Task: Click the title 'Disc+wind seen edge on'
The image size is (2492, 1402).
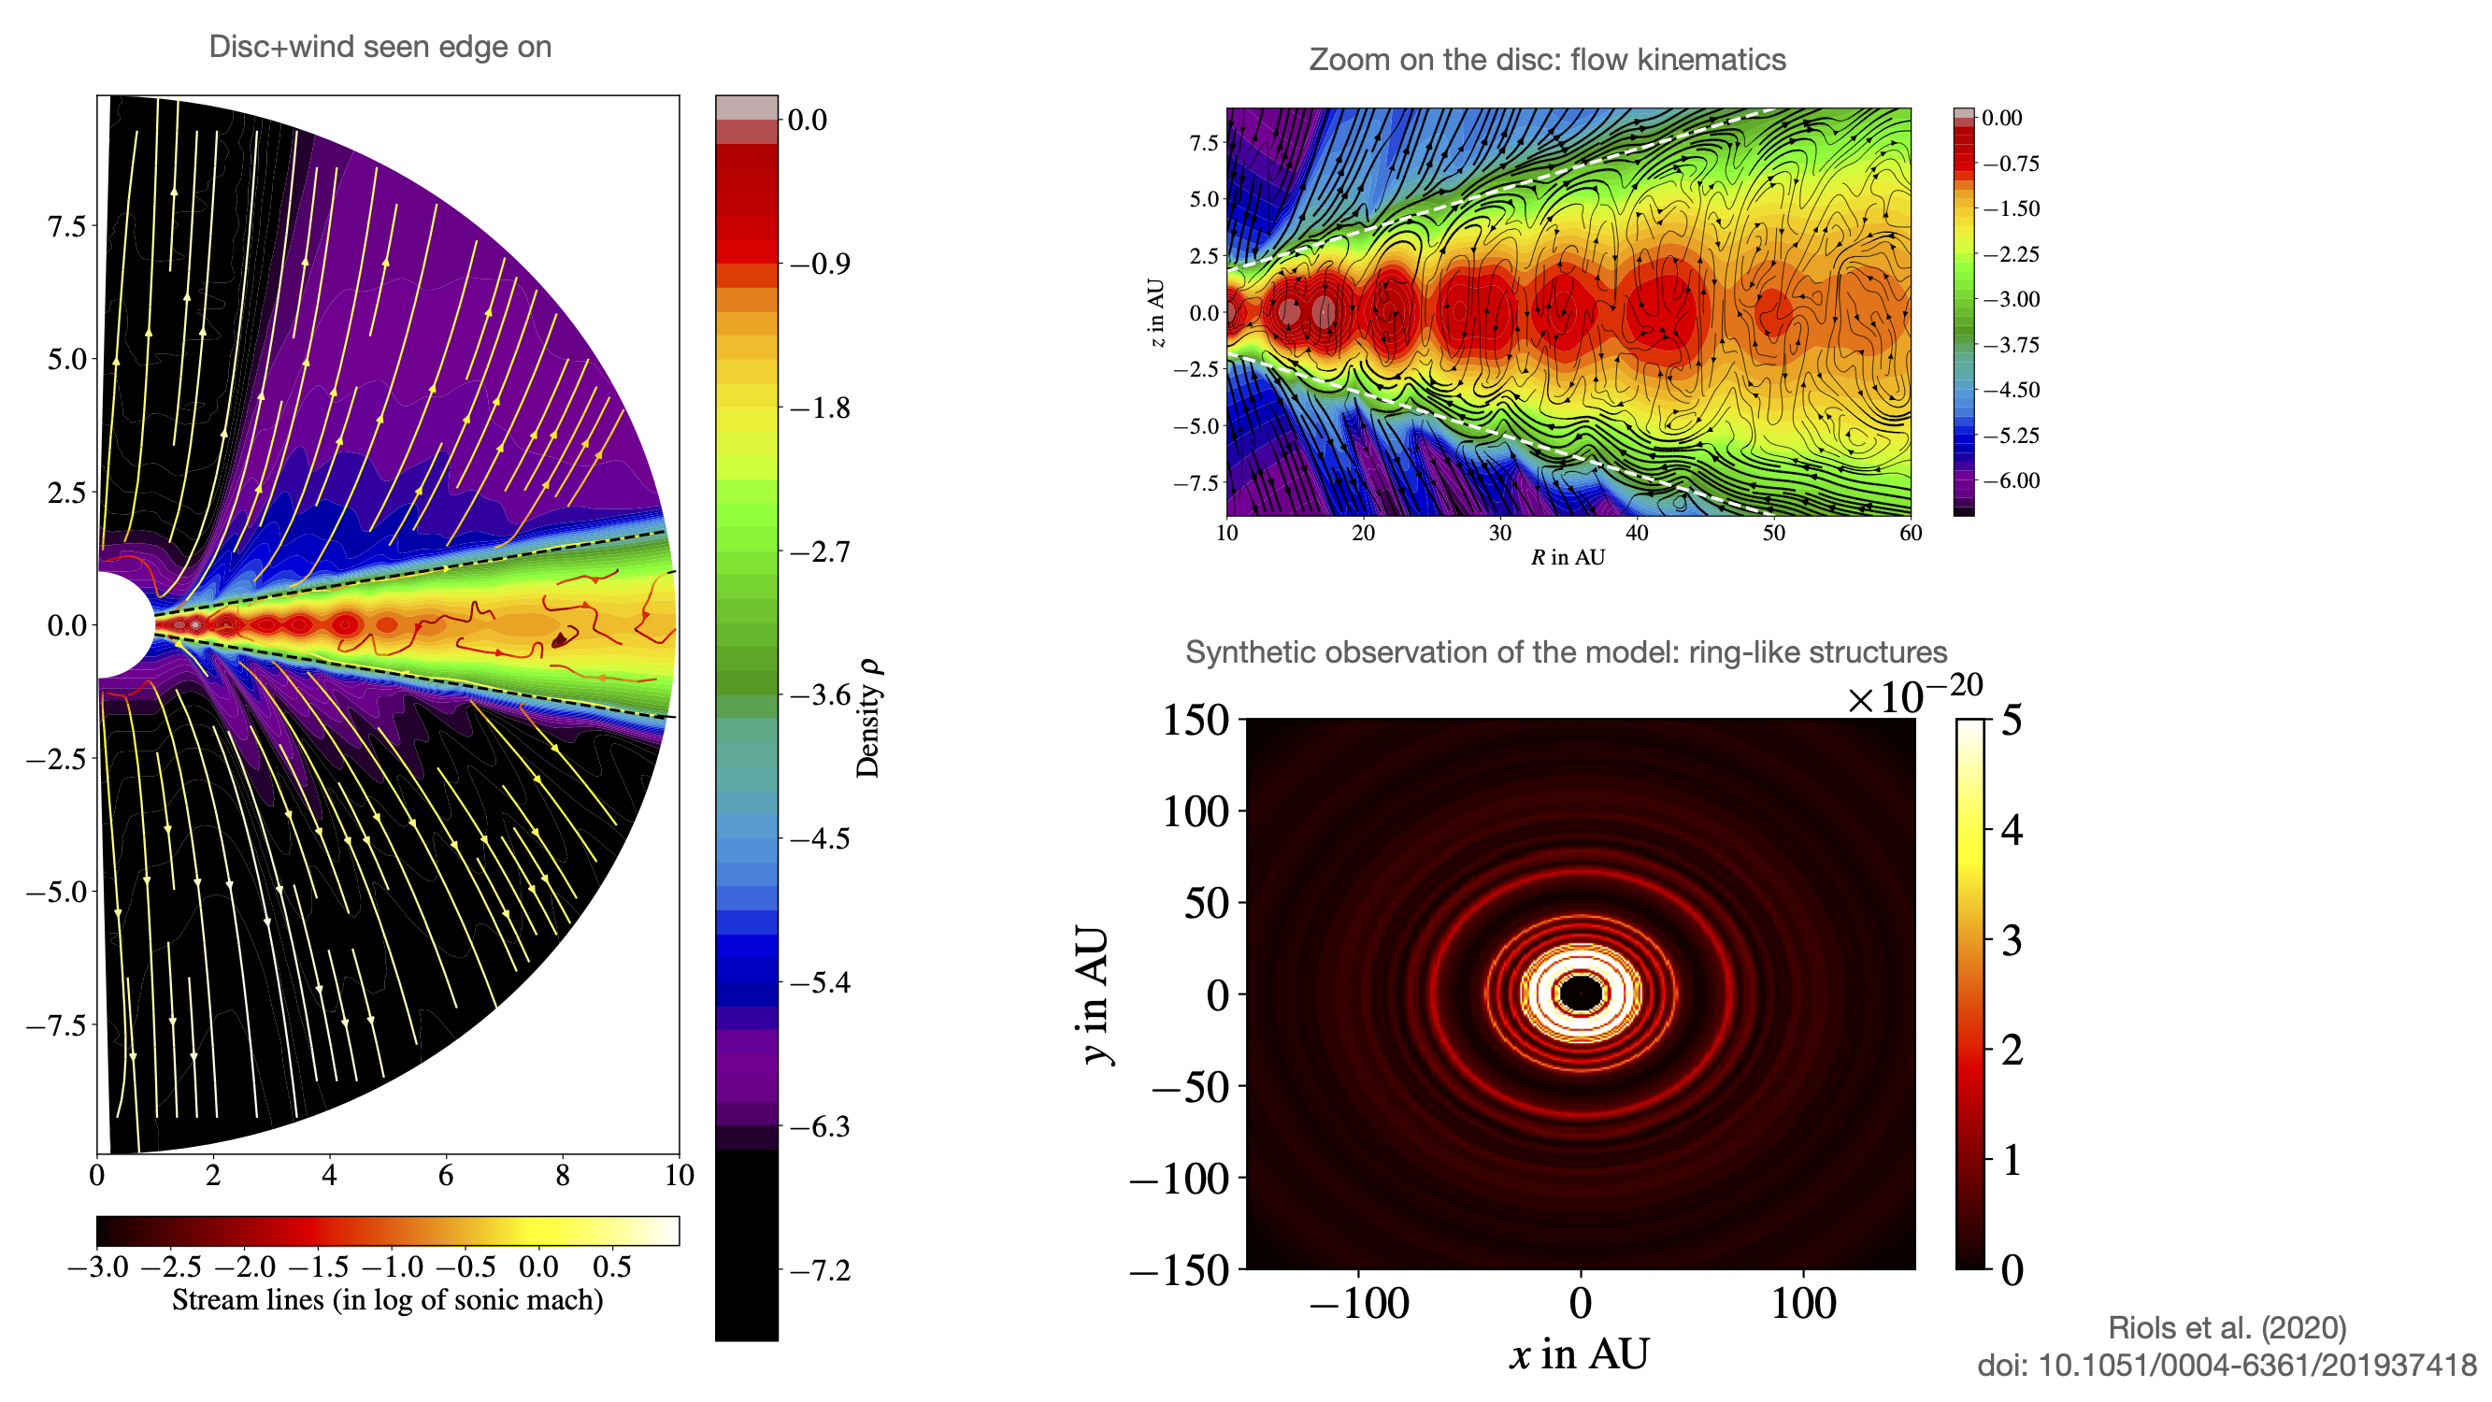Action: [380, 47]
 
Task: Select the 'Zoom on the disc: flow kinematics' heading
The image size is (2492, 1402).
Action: [1546, 60]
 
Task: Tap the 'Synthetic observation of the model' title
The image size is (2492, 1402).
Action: [1566, 652]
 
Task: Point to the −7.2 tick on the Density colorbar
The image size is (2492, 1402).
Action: [820, 1269]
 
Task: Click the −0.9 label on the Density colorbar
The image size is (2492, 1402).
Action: [820, 264]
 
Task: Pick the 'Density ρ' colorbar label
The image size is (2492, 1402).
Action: [867, 718]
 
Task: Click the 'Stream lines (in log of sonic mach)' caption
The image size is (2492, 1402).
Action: [387, 1299]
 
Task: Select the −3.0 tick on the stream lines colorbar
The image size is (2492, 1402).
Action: [98, 1266]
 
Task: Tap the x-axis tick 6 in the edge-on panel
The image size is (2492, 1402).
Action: [446, 1175]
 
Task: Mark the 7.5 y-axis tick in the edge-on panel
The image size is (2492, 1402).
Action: [66, 226]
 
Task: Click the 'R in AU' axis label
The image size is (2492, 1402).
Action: [1568, 557]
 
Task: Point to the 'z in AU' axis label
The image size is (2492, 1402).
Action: [1156, 312]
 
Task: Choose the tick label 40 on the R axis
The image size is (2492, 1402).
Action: [1636, 533]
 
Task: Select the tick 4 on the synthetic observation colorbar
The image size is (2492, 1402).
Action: [2012, 830]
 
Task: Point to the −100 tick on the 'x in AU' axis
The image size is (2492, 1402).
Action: [1358, 1303]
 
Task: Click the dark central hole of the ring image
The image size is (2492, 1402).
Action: [1581, 993]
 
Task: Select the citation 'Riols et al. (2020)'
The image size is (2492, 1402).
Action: [2227, 1327]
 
